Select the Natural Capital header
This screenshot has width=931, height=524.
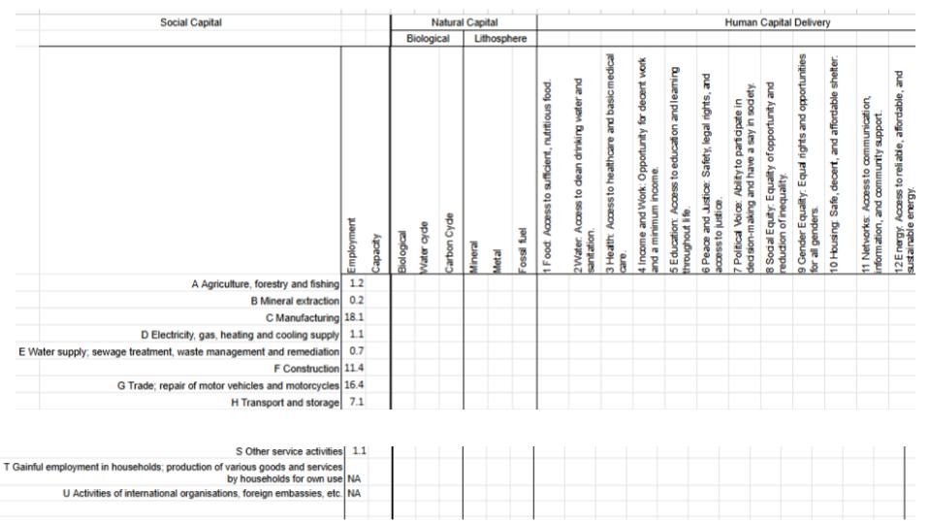464,22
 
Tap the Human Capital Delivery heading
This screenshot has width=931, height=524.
777,22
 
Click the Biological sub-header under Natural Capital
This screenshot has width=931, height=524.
427,39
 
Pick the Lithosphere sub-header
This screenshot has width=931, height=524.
499,39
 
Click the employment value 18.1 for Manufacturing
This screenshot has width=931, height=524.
354,316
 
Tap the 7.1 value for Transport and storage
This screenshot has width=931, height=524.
356,403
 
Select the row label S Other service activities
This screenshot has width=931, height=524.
289,451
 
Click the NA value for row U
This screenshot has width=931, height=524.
354,494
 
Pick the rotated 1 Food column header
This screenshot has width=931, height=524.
548,175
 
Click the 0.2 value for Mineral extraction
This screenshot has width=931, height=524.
356,300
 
